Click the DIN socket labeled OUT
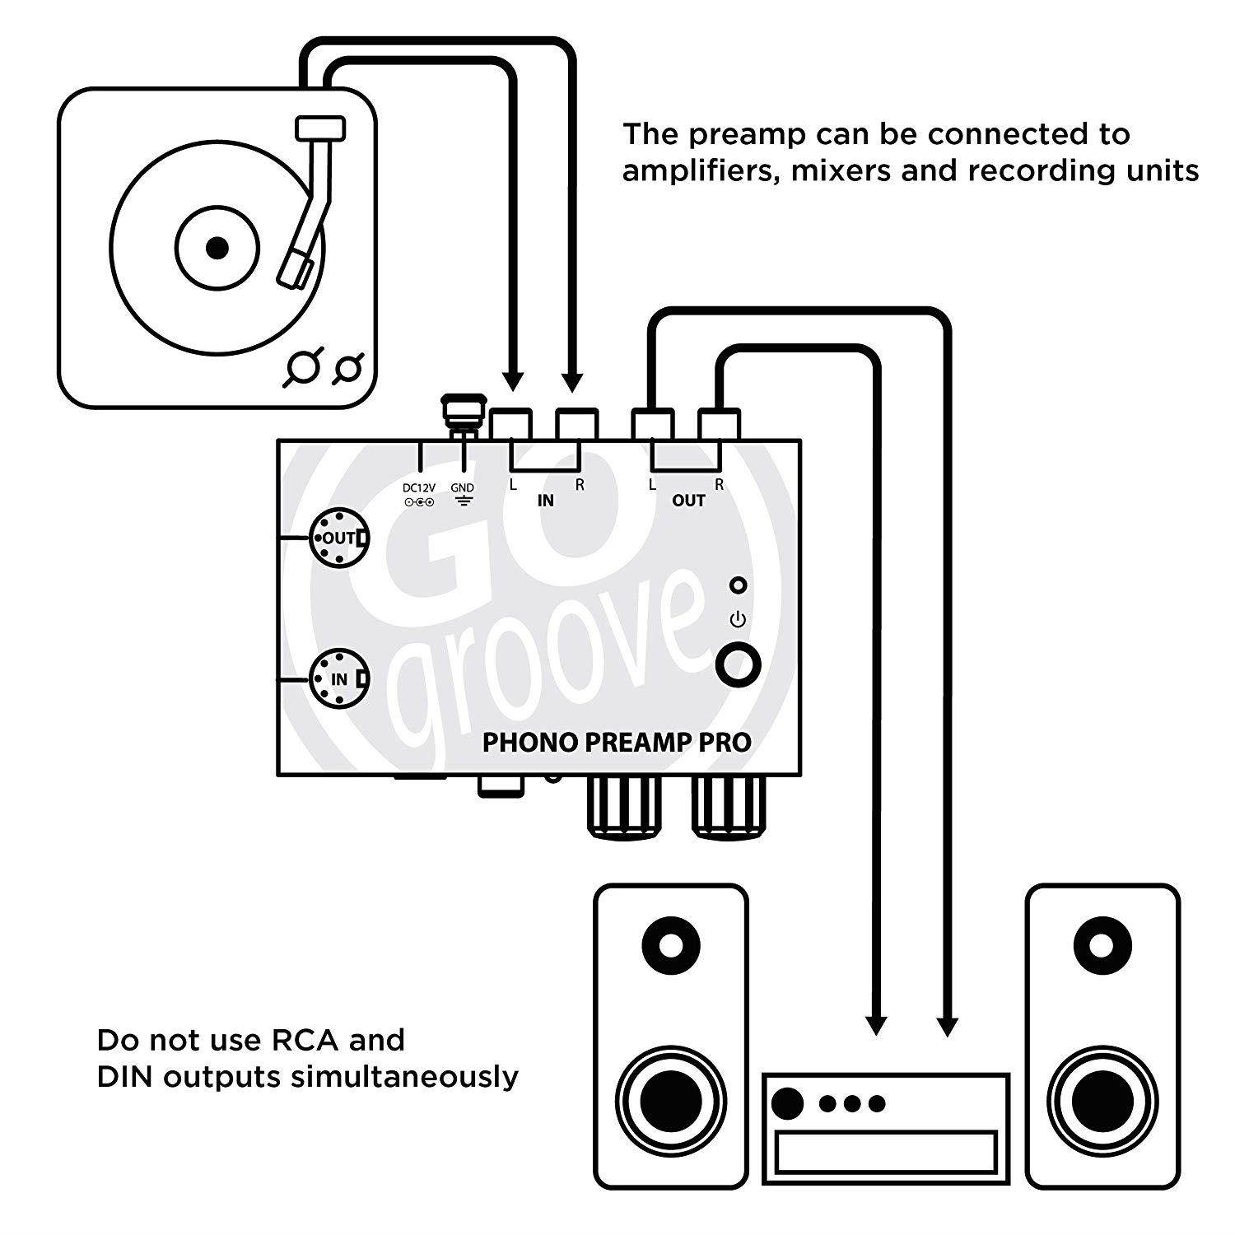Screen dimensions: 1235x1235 pos(338,538)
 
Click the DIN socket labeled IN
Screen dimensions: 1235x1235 pos(338,678)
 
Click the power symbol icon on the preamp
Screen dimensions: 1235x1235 pos(738,619)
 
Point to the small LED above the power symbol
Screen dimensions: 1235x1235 pos(739,585)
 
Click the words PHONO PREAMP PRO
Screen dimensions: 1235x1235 pos(616,742)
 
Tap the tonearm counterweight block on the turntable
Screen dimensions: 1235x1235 pos(319,128)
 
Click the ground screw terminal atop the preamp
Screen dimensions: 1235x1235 pos(462,412)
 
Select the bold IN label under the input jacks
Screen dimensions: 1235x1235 pos(545,500)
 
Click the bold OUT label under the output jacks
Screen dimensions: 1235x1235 pos(688,500)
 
